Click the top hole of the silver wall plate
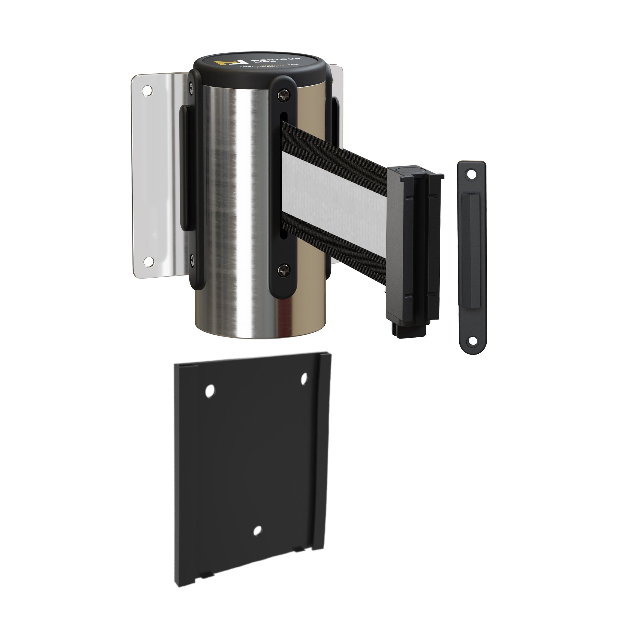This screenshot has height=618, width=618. click(x=147, y=91)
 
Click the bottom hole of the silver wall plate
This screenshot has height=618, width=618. click(x=148, y=261)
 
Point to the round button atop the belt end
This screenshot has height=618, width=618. click(x=409, y=170)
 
